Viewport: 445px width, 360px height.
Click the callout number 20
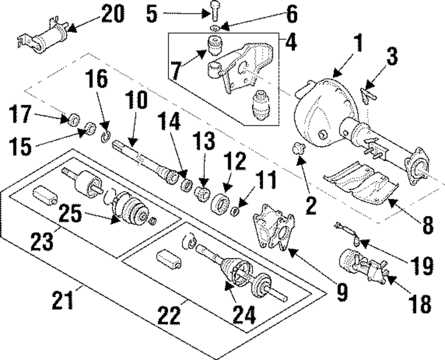click(x=113, y=14)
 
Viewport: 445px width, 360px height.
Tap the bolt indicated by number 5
click(x=214, y=11)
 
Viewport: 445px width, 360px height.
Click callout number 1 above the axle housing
click(x=359, y=43)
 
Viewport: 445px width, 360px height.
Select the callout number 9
click(x=342, y=291)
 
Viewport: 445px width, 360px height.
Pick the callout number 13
click(x=204, y=141)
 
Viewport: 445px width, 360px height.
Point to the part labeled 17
click(x=74, y=119)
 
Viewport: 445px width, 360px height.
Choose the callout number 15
click(x=20, y=147)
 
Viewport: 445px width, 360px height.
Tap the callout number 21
click(x=63, y=299)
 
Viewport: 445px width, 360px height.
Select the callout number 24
click(x=244, y=314)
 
